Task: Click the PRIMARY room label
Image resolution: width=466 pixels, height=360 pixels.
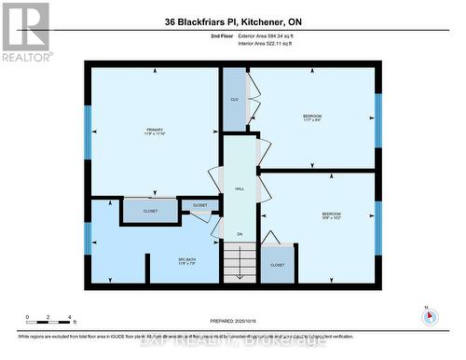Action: (154, 129)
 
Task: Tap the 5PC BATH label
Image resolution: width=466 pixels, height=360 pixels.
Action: (186, 260)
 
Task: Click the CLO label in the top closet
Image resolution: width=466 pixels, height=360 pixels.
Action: (234, 99)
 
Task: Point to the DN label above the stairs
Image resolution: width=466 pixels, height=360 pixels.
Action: (240, 234)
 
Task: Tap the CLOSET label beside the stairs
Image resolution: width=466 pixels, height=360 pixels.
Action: (277, 265)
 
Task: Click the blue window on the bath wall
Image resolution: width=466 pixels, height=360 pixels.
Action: (88, 238)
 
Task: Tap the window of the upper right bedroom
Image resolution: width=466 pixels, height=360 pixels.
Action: (378, 120)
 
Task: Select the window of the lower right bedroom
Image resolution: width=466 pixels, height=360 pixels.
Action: (378, 228)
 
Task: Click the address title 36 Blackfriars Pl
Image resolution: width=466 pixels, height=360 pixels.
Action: (232, 21)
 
